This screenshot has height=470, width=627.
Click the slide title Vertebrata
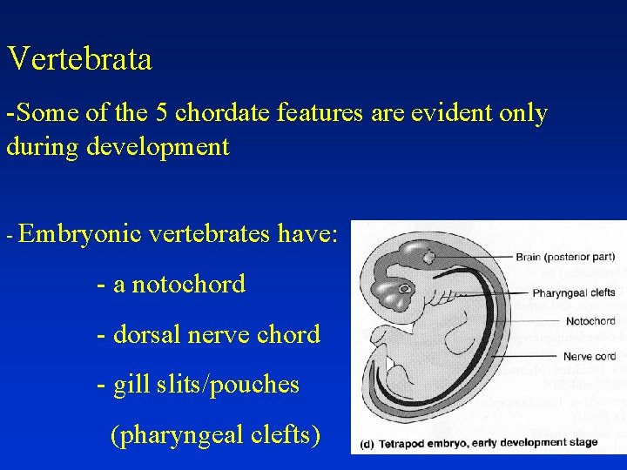(79, 59)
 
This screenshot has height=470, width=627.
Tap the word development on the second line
(158, 146)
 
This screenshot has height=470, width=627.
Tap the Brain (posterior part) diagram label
(565, 258)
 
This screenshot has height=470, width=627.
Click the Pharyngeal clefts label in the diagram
(574, 292)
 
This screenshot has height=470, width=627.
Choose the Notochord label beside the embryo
(590, 322)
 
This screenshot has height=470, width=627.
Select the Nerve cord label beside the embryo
(590, 356)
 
